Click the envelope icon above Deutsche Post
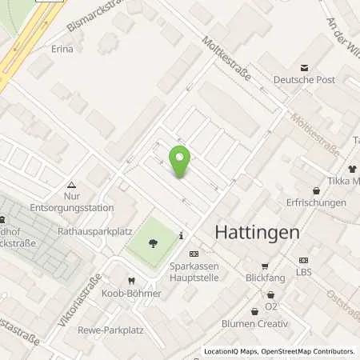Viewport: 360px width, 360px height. (x=304, y=67)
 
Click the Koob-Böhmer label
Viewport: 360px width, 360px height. (x=132, y=294)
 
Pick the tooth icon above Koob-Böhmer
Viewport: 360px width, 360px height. (x=131, y=281)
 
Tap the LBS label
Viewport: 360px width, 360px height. (x=303, y=273)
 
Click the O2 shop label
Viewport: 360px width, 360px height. (x=270, y=306)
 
